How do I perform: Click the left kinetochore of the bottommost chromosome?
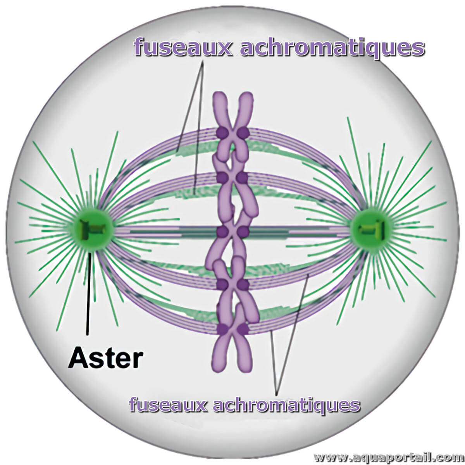(x=222, y=329)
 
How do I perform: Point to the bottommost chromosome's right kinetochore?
(x=243, y=329)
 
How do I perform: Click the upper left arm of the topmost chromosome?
(x=220, y=108)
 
